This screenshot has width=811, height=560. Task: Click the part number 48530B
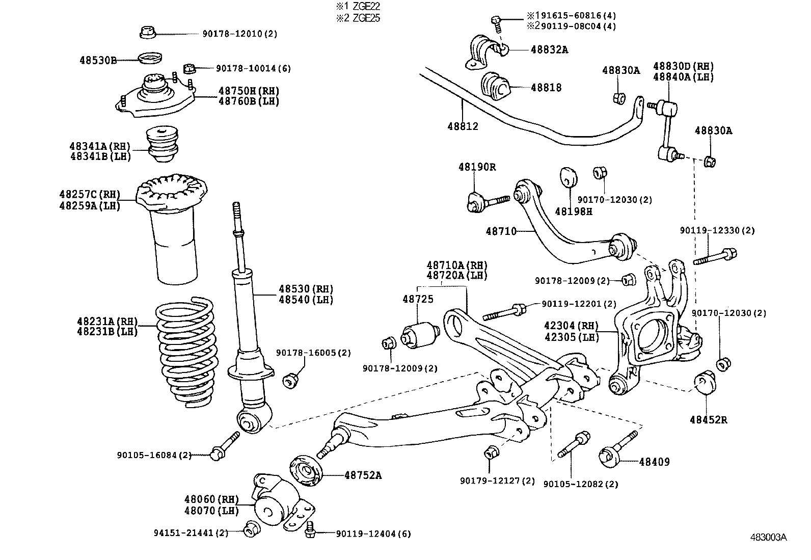(98, 60)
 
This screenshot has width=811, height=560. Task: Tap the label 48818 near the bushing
(546, 87)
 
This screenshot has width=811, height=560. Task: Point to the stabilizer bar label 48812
(463, 126)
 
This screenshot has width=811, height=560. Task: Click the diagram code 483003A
(768, 537)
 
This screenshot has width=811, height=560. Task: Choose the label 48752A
(363, 475)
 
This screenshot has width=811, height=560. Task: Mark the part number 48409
(655, 462)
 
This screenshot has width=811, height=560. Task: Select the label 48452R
(708, 420)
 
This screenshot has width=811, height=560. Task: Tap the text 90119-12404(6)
(373, 534)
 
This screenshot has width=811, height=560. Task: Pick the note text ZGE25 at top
(366, 18)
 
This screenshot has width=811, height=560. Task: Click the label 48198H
(574, 211)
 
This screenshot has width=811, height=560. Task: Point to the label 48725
(418, 299)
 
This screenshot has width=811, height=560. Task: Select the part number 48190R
(477, 167)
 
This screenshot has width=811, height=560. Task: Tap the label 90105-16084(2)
(154, 455)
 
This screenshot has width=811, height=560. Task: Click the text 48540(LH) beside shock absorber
(306, 300)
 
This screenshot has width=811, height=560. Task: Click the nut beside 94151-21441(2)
(250, 529)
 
